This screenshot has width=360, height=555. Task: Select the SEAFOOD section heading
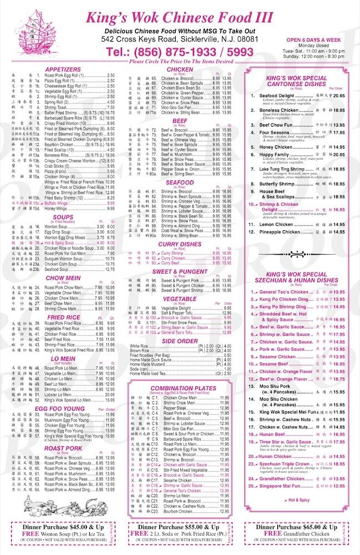[176, 182]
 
